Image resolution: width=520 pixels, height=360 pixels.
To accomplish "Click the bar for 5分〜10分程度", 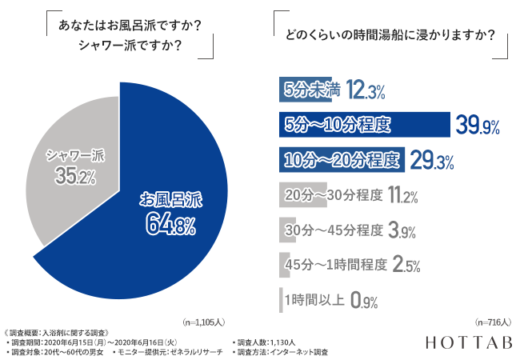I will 364,125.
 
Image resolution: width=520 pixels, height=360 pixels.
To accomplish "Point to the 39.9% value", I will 477,125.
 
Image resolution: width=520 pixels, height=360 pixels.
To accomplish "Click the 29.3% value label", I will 432,160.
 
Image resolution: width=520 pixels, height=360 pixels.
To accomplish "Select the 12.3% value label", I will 366,90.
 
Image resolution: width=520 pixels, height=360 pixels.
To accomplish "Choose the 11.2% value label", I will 402,194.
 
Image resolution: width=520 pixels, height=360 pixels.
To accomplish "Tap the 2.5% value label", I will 406,265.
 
